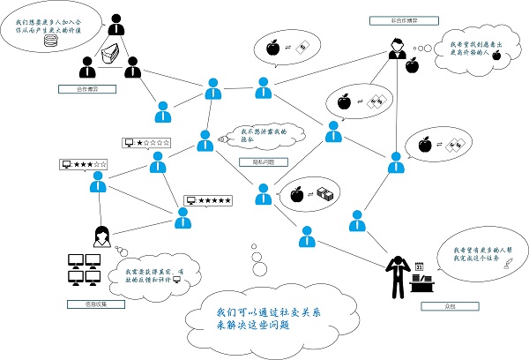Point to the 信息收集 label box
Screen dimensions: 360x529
tap(91, 304)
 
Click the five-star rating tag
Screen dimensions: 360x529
tap(208, 200)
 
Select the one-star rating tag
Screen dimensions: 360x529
tap(146, 142)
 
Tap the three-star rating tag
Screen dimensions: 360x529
tap(84, 164)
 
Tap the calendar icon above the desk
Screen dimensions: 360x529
tap(420, 264)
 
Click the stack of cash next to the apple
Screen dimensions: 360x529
tap(326, 192)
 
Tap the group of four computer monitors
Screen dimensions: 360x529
tap(87, 269)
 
